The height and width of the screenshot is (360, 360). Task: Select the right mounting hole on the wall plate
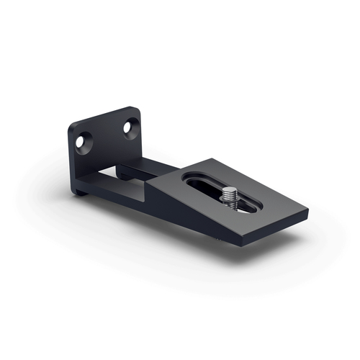click(x=130, y=127)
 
